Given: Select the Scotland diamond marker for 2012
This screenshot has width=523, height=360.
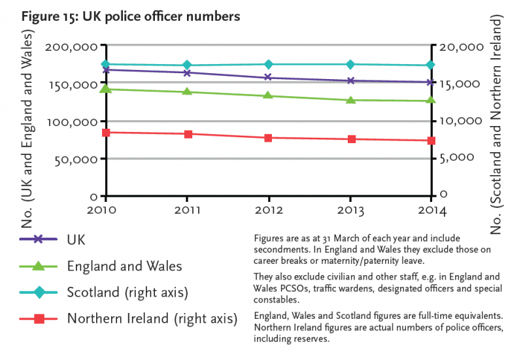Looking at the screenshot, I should click(269, 64).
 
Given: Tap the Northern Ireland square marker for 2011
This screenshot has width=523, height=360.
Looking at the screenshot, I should click(188, 134).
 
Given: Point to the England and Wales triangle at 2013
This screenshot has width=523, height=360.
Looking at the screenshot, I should click(350, 100).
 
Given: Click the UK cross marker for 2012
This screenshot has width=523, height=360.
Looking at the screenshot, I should click(269, 78).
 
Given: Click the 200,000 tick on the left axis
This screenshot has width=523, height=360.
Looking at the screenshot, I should click(72, 47).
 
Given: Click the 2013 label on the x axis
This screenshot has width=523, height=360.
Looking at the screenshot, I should click(350, 210).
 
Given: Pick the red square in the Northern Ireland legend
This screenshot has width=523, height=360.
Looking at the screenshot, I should click(39, 319).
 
